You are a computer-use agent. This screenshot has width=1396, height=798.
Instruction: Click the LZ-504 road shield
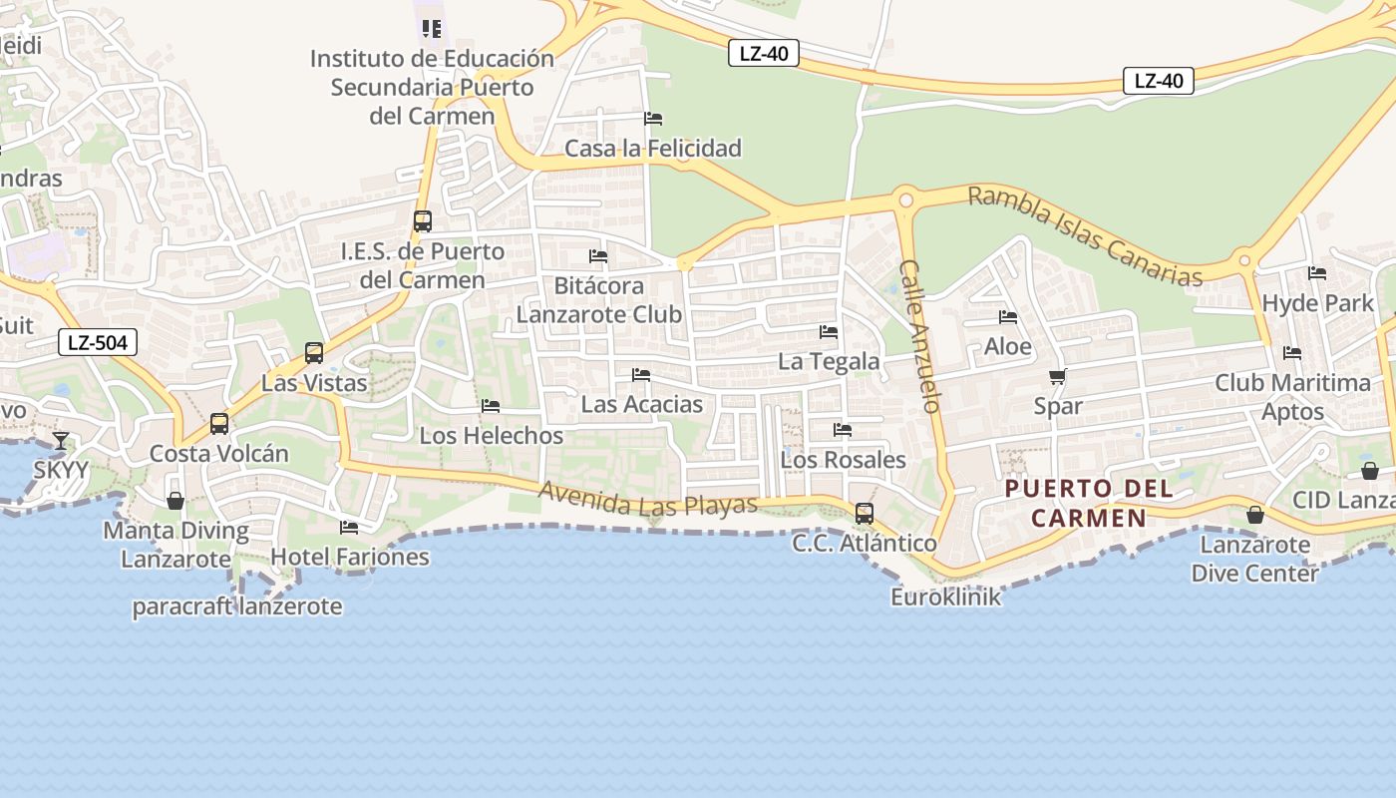(x=97, y=343)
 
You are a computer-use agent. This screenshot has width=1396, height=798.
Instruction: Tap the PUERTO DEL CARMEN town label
(x=1088, y=504)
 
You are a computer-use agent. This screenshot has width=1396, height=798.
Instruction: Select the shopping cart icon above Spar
(x=1058, y=376)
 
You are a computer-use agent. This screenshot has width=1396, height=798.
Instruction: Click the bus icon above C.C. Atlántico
(x=865, y=514)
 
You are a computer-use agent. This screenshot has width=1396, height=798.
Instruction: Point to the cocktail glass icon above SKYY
(x=61, y=440)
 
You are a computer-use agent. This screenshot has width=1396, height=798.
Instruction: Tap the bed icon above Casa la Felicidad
(x=653, y=119)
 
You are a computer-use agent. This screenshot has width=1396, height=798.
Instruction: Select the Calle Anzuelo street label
(x=920, y=336)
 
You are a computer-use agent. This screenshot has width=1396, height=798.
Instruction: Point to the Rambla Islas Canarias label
(x=1085, y=236)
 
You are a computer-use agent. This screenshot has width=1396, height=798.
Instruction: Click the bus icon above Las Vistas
(x=314, y=352)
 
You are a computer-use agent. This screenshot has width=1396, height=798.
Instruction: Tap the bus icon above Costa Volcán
(x=219, y=424)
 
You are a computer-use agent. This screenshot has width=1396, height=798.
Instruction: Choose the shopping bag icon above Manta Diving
(x=175, y=500)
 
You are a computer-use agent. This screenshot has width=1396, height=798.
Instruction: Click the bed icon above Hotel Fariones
(x=349, y=527)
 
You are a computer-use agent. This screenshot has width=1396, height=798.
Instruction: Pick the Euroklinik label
(x=945, y=597)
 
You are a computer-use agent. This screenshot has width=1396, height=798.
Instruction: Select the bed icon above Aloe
(x=1008, y=317)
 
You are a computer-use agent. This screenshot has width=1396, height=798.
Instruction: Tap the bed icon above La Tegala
(x=829, y=332)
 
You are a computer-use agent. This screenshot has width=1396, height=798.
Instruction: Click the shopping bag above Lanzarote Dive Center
(x=1255, y=515)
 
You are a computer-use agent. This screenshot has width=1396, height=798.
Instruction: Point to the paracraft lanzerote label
(x=237, y=606)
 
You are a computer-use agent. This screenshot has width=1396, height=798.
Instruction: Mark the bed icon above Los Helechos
(x=491, y=406)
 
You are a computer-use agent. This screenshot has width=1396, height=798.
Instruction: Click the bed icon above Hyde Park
(x=1317, y=273)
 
